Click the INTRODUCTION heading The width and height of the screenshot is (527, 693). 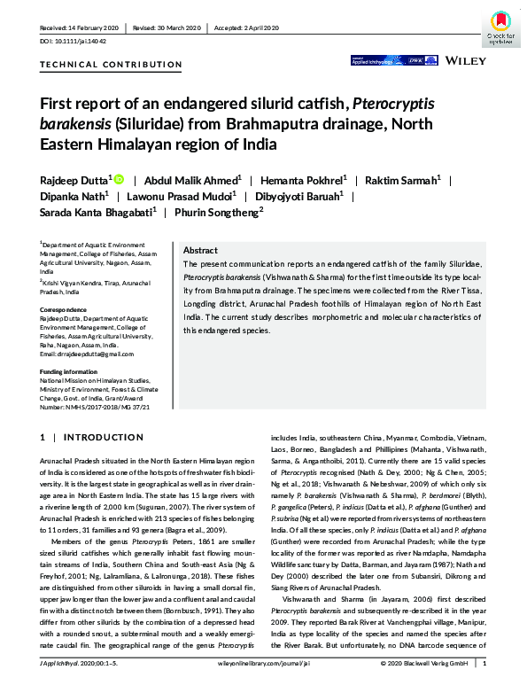point(90,438)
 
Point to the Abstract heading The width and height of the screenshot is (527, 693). point(201,251)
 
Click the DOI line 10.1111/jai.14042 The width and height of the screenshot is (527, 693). point(70,42)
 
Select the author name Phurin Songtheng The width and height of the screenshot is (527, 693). point(218,211)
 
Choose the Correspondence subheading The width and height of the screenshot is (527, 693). point(62,308)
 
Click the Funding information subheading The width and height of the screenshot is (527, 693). point(70,371)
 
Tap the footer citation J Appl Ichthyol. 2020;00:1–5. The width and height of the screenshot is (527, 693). point(82,684)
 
